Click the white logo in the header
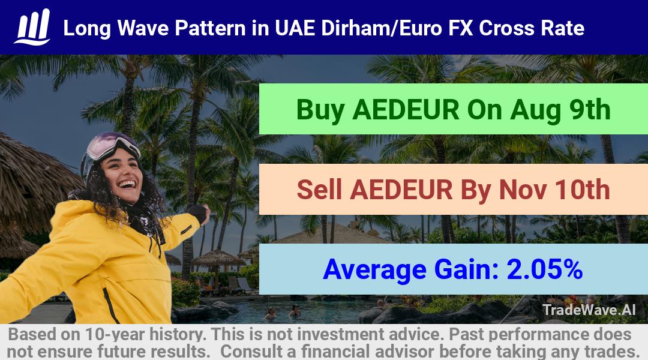click(32, 27)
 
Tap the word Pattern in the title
click(210, 28)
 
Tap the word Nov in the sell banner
click(523, 190)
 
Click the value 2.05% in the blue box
click(545, 269)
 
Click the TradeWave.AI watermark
click(589, 310)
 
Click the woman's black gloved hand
click(199, 213)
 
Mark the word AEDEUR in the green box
click(406, 110)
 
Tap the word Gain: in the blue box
click(467, 269)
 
